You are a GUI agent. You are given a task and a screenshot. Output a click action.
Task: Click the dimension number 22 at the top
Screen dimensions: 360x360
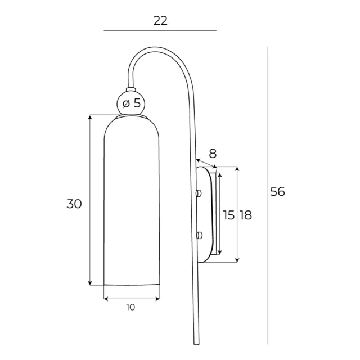pos(160,21)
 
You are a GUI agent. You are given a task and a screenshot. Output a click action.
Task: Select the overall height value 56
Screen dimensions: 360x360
pos(277,191)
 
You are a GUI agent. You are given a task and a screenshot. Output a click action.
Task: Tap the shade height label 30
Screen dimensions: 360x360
pos(74,204)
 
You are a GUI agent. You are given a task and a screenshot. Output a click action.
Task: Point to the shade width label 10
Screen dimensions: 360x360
pos(130,307)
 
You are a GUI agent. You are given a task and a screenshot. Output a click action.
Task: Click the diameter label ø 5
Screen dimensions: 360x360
pos(132,103)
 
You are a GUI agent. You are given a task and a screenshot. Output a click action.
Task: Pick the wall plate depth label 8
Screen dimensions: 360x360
pos(212,153)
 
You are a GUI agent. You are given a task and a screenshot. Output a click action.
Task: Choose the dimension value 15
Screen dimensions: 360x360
pos(228,214)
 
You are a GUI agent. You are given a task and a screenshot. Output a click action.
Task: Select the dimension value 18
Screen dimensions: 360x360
pos(245,214)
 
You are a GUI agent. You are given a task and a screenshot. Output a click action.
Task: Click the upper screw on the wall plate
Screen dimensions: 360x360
pos(198,193)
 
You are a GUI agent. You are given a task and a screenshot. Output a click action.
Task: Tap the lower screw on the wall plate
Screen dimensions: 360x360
pos(198,235)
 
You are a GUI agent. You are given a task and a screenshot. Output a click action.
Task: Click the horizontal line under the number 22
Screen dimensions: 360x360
pos(160,30)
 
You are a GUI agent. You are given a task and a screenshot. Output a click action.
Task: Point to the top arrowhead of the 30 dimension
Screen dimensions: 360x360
pos(90,117)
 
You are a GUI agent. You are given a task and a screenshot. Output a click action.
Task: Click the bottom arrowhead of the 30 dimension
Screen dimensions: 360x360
pos(90,283)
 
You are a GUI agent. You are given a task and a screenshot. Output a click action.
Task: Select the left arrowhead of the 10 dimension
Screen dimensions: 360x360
pos(106,298)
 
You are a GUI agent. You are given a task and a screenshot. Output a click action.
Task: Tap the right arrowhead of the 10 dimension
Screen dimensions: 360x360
pos(158,298)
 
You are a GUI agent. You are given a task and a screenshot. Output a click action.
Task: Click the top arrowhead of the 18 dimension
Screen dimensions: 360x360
pos(238,169)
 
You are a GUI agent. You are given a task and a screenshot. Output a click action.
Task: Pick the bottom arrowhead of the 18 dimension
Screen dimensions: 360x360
pos(238,260)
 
